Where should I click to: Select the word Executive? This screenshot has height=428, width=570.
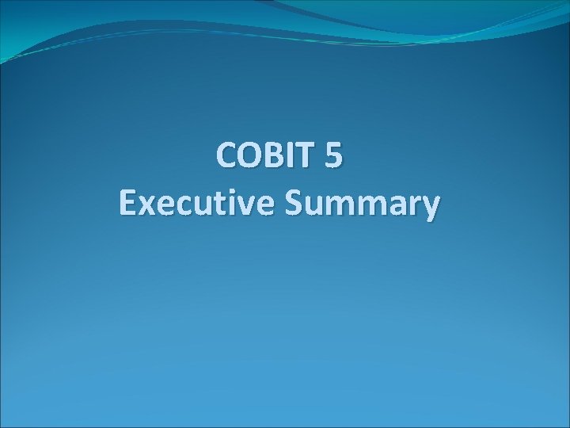[195, 204]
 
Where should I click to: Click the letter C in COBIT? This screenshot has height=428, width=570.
[227, 156]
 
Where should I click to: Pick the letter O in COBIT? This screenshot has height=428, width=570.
[249, 156]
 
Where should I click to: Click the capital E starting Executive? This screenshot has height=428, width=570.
[128, 204]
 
